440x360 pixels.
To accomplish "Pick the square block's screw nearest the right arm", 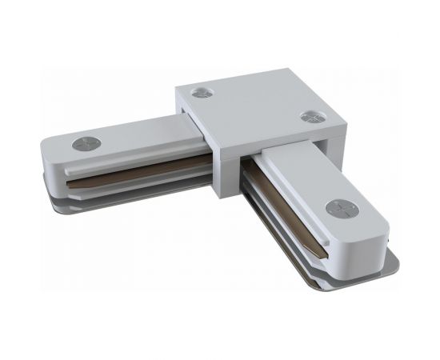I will [x=310, y=117].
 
